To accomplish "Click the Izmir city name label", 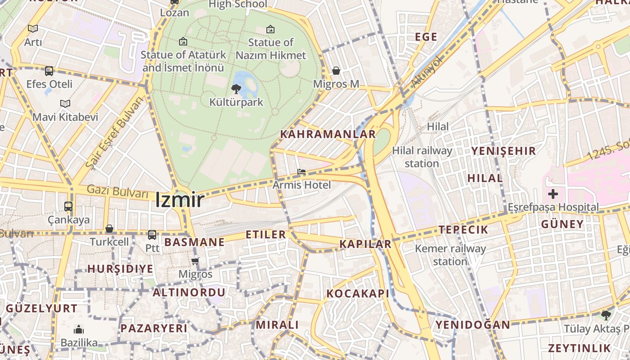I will click(x=180, y=200).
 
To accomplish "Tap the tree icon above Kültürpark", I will click(x=236, y=89).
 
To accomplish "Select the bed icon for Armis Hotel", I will click(x=301, y=172).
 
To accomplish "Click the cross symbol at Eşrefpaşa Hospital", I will click(x=553, y=194).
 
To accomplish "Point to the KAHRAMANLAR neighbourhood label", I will click(x=328, y=134).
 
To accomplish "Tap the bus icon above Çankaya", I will click(x=68, y=207).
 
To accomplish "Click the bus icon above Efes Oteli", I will click(x=49, y=71).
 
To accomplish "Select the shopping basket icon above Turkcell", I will click(x=109, y=229).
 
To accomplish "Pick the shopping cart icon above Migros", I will click(x=195, y=261).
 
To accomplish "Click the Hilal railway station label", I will click(x=422, y=157).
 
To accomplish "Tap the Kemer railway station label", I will click(x=450, y=255).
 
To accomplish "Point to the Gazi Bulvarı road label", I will click(x=117, y=192).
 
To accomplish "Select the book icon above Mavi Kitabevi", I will click(x=65, y=103).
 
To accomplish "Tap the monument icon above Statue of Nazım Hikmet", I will click(x=270, y=29).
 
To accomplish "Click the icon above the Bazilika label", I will click(x=79, y=330).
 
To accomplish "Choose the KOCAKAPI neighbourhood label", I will click(x=358, y=294).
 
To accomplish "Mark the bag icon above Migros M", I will click(x=336, y=71).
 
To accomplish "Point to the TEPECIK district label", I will click(x=463, y=229).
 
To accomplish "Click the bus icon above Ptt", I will click(x=152, y=234).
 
